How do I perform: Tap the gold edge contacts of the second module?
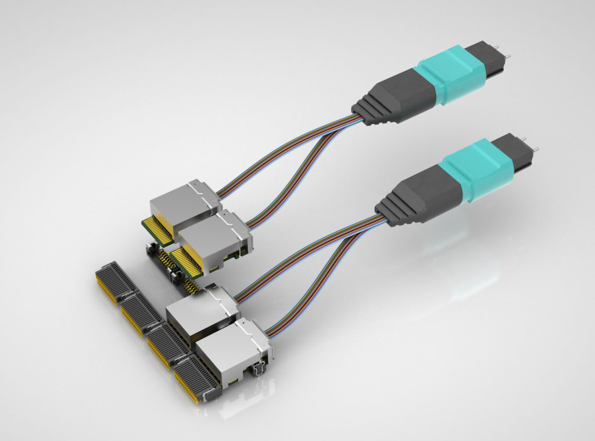[x=187, y=261]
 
